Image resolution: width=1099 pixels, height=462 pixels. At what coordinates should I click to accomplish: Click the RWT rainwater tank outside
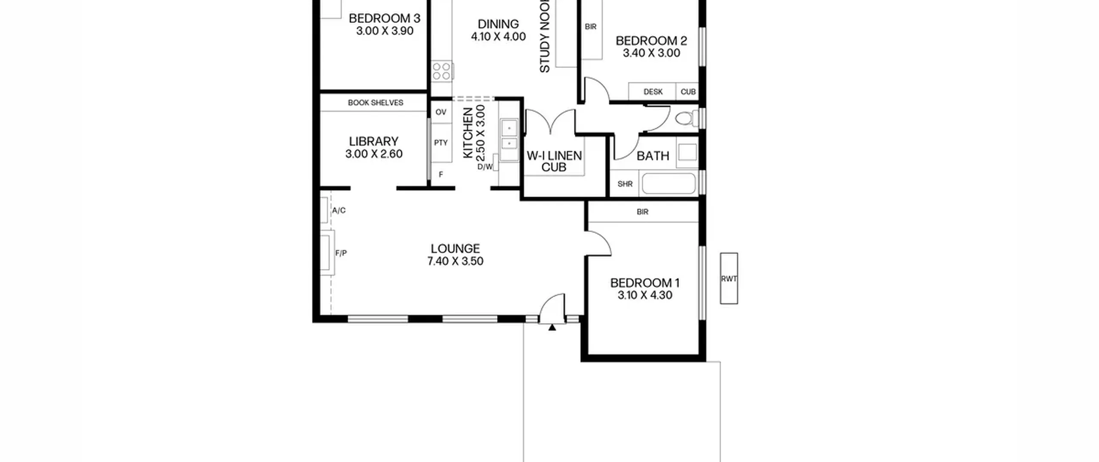click(729, 278)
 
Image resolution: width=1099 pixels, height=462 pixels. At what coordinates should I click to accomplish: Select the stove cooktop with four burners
click(442, 71)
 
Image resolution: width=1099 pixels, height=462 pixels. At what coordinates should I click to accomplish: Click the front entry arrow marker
click(552, 327)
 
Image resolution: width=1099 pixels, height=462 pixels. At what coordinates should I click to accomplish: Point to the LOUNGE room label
click(455, 248)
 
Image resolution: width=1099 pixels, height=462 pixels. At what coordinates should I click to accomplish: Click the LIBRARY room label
click(373, 141)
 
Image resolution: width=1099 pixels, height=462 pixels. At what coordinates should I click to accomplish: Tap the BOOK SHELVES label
click(376, 103)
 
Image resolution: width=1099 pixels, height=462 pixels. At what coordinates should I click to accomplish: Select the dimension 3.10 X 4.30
click(645, 295)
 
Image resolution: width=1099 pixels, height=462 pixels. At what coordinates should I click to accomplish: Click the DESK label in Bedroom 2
click(653, 92)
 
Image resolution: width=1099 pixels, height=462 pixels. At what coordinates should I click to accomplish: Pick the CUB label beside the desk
click(688, 92)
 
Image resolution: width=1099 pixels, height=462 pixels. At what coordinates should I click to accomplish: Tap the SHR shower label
click(625, 184)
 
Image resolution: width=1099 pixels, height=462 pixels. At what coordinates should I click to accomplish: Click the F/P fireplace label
click(341, 254)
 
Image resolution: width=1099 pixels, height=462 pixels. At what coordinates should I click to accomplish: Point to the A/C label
click(339, 211)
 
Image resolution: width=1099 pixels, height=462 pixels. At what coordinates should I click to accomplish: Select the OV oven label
click(441, 112)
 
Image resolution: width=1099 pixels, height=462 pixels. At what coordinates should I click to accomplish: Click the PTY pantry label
click(441, 143)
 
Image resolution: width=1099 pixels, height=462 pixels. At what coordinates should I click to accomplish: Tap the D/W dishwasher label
click(485, 167)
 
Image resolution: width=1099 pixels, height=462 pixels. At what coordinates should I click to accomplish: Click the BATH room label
click(653, 156)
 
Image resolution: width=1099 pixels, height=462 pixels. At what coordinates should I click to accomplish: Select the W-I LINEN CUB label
click(554, 161)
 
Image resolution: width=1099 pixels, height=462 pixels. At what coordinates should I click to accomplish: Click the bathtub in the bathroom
click(668, 184)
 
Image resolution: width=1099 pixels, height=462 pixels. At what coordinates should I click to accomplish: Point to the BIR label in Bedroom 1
click(643, 212)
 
